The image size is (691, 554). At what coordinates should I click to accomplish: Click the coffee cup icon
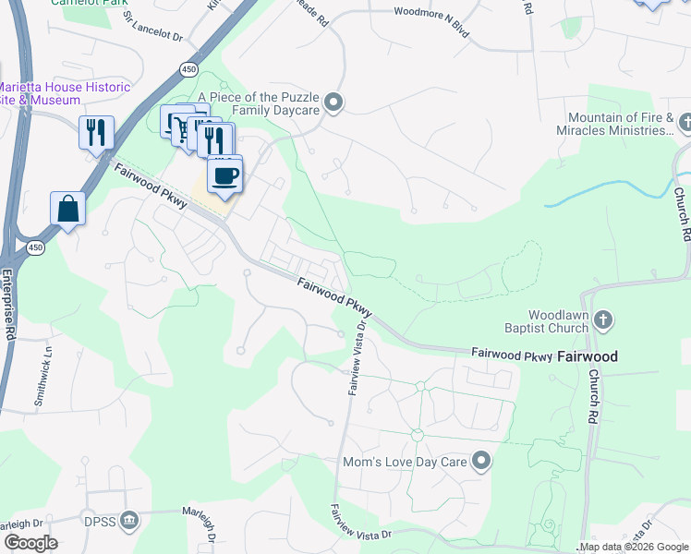coord(224,175)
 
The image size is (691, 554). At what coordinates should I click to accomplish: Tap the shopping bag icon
coord(68,209)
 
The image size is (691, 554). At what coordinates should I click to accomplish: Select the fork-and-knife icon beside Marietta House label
coord(95,132)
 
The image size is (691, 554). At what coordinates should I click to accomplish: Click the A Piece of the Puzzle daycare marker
coord(334,102)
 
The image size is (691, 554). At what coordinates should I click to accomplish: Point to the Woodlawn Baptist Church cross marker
coord(602,320)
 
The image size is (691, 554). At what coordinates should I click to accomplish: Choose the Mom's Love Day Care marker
coord(480,460)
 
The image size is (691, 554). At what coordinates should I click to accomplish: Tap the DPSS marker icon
coord(130,521)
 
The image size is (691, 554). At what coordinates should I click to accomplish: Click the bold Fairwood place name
coord(588,355)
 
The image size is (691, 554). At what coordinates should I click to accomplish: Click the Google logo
coord(30,543)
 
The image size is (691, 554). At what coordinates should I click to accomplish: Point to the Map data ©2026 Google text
coord(635,548)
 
